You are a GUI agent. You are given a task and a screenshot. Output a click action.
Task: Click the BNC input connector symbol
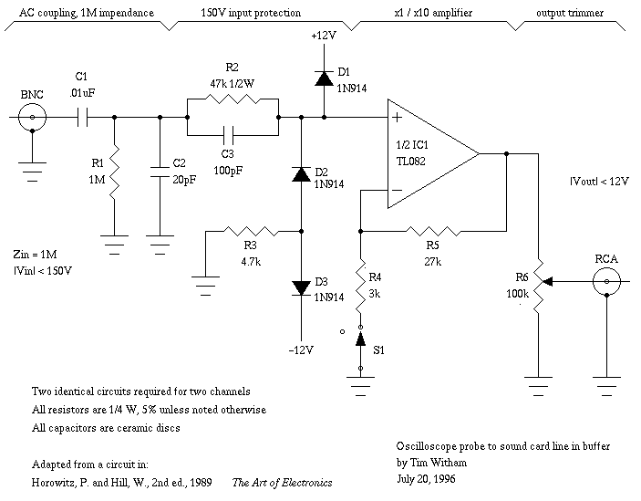(x=33, y=117)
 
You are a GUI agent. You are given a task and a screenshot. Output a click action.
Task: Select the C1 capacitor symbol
(x=81, y=117)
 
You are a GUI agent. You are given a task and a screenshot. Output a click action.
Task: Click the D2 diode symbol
(x=300, y=172)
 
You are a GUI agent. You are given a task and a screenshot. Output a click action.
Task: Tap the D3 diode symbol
(x=300, y=287)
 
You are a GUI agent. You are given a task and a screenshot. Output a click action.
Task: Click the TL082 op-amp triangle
(x=429, y=153)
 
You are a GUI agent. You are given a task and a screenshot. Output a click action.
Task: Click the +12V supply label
(x=322, y=37)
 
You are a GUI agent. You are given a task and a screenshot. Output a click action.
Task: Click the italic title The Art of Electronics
(x=282, y=483)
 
